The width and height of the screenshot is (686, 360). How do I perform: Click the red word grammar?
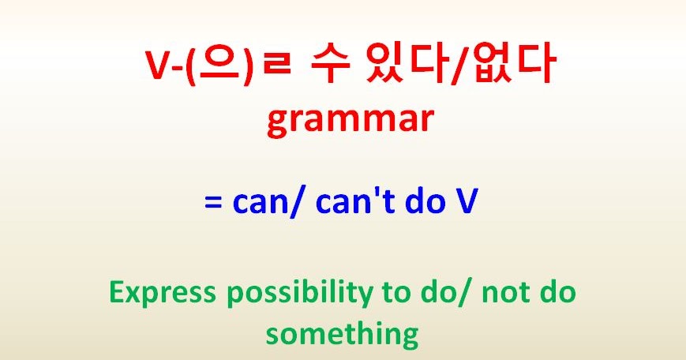coord(350,121)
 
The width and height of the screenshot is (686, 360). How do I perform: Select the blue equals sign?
coord(214,203)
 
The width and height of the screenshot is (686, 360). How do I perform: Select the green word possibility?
coord(296,294)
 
